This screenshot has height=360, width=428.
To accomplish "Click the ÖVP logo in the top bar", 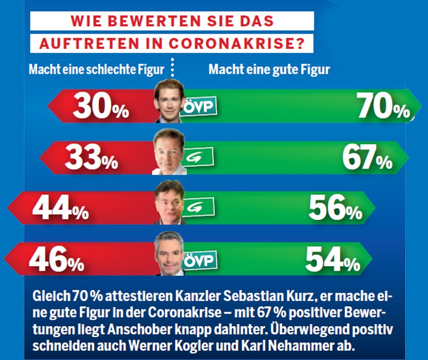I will tap(199, 107).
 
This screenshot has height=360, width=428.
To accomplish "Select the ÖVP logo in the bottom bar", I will tap(199, 260).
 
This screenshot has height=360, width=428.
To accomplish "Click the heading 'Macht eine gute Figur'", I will tap(269, 69).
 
